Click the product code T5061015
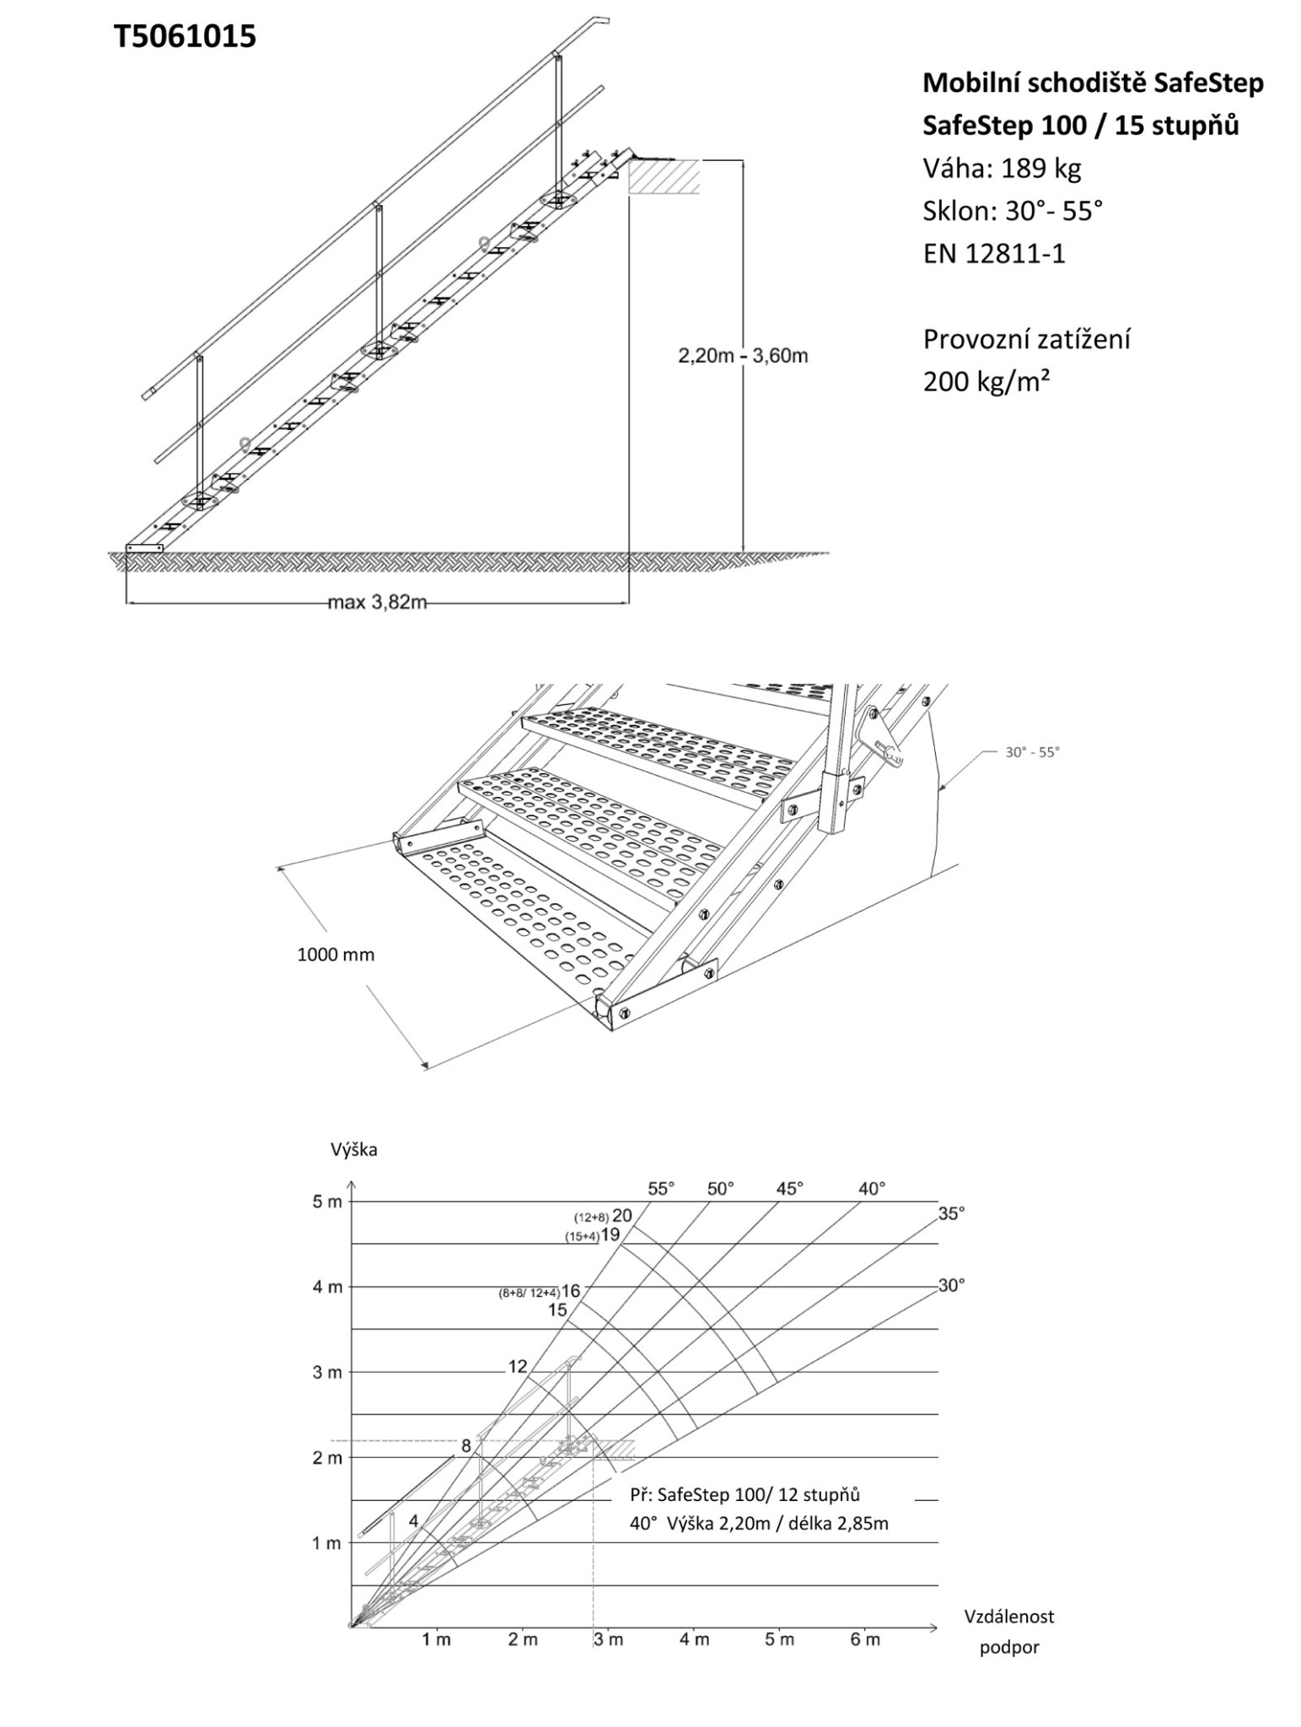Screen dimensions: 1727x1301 click(x=185, y=37)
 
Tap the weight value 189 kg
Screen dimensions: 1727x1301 click(x=1040, y=169)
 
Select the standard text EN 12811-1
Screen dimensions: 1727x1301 click(x=994, y=254)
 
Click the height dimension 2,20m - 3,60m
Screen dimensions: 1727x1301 click(x=743, y=356)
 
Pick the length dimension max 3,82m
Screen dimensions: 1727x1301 click(x=377, y=602)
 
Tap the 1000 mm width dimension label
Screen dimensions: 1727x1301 click(x=336, y=955)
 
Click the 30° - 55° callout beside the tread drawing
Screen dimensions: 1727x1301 click(x=1031, y=752)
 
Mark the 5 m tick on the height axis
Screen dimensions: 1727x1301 click(x=327, y=1202)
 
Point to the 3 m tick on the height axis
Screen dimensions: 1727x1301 click(x=327, y=1372)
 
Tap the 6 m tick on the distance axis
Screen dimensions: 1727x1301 click(x=865, y=1640)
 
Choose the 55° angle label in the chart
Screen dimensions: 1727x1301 click(x=661, y=1189)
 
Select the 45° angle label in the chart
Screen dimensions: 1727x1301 click(x=790, y=1189)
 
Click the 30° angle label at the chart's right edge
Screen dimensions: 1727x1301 click(x=951, y=1286)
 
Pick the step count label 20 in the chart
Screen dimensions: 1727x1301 click(x=622, y=1215)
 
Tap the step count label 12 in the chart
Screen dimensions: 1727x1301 click(x=518, y=1367)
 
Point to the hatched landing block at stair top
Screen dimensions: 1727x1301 click(x=664, y=177)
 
